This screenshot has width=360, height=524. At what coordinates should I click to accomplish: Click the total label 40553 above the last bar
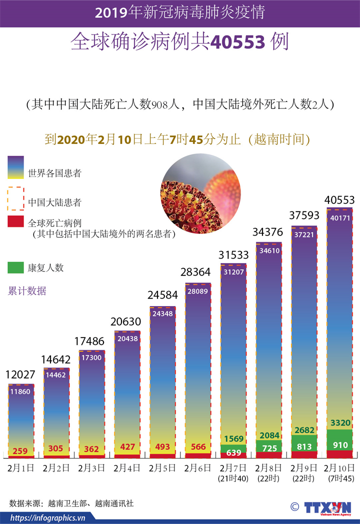click(339, 200)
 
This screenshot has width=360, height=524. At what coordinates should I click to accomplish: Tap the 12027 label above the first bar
click(20, 374)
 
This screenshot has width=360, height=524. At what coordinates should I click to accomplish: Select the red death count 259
click(21, 450)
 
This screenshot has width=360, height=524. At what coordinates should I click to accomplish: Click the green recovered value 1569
click(233, 438)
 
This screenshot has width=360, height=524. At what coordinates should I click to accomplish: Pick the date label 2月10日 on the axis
click(339, 468)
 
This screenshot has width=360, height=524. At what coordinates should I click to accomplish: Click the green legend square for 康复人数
click(15, 267)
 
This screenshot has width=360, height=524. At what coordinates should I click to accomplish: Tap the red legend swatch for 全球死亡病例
click(15, 222)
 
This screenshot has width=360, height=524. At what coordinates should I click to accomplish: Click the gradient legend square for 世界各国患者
click(15, 167)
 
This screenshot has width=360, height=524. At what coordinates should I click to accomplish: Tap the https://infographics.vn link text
click(48, 517)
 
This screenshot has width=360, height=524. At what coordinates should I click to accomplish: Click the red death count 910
click(339, 444)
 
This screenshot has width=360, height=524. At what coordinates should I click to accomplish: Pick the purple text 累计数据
click(27, 291)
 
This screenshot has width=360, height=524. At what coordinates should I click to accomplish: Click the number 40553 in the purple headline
click(237, 42)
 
